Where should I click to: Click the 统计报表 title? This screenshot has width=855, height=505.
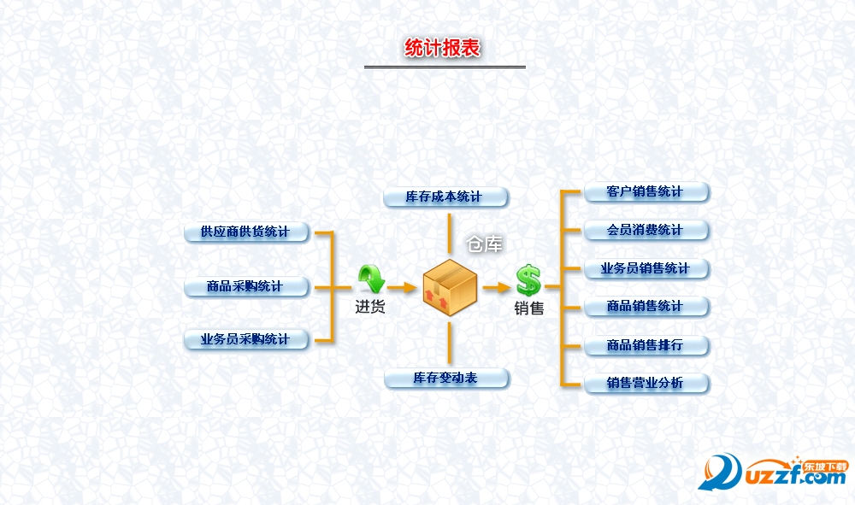443,48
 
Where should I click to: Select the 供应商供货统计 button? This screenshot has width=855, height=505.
246,232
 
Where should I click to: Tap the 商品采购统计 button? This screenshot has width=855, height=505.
246,286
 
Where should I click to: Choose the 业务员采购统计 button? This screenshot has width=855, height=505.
246,339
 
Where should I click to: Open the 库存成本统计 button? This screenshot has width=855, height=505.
445,197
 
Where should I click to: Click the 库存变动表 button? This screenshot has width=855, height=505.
445,378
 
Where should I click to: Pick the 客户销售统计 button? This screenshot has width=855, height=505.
646,191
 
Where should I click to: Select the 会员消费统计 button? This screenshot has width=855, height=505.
646,230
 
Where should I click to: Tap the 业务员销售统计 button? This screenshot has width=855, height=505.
646,268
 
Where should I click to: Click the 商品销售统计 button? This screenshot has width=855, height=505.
646,306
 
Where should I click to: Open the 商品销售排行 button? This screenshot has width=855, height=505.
646,345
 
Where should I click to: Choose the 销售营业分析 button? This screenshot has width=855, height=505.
646,383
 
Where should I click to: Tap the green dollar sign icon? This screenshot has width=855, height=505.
528,279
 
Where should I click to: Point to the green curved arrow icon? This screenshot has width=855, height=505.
371,278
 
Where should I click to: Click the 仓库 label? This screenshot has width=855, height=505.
484,244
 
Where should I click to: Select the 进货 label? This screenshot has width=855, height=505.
370,306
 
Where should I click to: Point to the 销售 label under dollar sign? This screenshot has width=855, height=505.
529,308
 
